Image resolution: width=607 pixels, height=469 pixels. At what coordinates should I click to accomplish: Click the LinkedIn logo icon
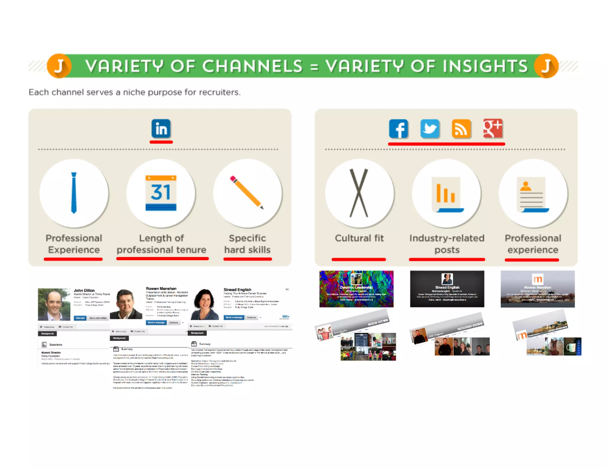pyautogui.click(x=161, y=129)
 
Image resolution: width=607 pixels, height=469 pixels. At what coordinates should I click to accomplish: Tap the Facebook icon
pyautogui.click(x=398, y=129)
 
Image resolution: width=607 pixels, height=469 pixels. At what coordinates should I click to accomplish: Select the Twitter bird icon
pyautogui.click(x=430, y=129)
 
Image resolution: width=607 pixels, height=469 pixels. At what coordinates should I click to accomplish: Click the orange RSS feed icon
pyautogui.click(x=461, y=129)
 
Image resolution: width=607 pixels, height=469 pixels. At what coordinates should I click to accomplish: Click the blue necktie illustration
pyautogui.click(x=74, y=193)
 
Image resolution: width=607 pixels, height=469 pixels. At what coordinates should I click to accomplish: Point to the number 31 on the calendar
pyautogui.click(x=161, y=192)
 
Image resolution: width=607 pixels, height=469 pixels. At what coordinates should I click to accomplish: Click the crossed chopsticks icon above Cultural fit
pyautogui.click(x=359, y=193)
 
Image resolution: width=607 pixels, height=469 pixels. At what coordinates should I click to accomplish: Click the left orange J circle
pyautogui.click(x=59, y=66)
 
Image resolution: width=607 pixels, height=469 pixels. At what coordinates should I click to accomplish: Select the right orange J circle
pyautogui.click(x=546, y=66)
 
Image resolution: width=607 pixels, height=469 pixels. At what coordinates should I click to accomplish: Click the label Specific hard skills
pyautogui.click(x=247, y=244)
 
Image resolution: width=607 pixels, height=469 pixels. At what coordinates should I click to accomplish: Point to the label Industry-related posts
pyautogui.click(x=447, y=244)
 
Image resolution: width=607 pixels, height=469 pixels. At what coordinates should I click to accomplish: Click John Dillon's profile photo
pyautogui.click(x=54, y=304)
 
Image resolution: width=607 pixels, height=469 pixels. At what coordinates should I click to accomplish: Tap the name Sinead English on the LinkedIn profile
pyautogui.click(x=237, y=289)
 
